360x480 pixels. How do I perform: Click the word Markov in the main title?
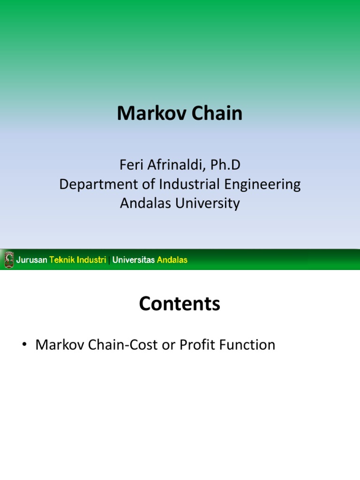[x=148, y=113]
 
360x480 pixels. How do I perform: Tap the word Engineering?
[x=263, y=185]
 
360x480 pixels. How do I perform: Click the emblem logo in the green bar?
[x=9, y=260]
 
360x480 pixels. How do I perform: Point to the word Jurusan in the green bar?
[x=32, y=260]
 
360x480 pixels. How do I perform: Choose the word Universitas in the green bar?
[x=134, y=260]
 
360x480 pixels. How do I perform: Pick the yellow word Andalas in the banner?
[x=172, y=260]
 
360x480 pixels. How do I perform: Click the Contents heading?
[x=180, y=304]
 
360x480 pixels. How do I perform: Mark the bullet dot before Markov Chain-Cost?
[x=24, y=346]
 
